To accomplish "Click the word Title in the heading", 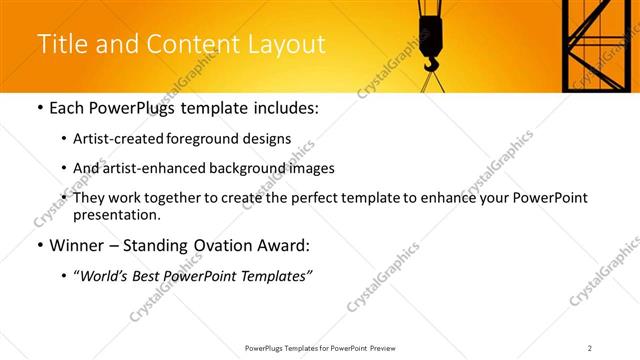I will pyautogui.click(x=60, y=45).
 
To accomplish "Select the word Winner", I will pyautogui.click(x=77, y=245).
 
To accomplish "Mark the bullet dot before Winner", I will pyautogui.click(x=39, y=245).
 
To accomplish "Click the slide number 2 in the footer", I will pyautogui.click(x=590, y=348).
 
